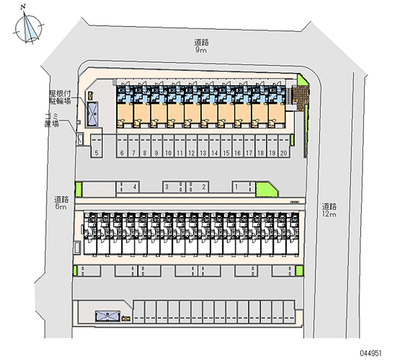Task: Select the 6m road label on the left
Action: tap(61, 203)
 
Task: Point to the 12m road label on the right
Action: tap(329, 210)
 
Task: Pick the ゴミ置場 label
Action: tap(52, 120)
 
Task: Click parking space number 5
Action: tap(97, 153)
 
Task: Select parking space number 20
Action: tap(284, 153)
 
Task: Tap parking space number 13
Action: tap(202, 153)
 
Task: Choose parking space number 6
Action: tap(122, 153)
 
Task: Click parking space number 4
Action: tap(134, 187)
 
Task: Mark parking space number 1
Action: tap(237, 187)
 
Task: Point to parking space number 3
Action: tap(167, 187)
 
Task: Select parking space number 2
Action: tap(203, 187)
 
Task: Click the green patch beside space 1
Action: tap(264, 189)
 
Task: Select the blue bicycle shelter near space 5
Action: tap(92, 114)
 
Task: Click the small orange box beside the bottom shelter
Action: tap(126, 319)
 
